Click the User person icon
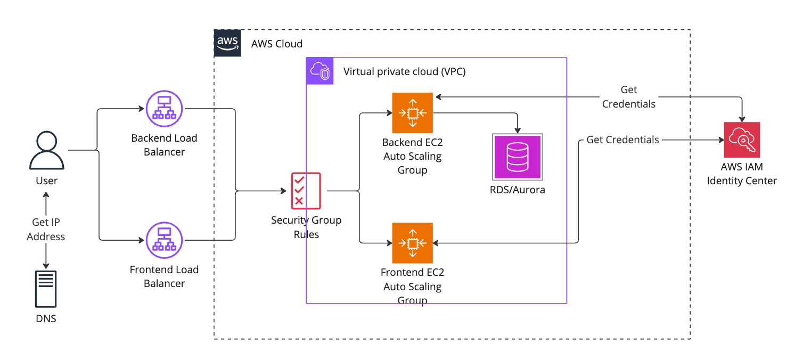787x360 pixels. tap(46, 151)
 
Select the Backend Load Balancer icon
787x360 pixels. tap(164, 109)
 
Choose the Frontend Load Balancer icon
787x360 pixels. tap(164, 240)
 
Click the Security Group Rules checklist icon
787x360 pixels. tap(306, 190)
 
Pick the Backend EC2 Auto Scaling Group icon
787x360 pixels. tap(412, 113)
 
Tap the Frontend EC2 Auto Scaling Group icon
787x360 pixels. tap(412, 243)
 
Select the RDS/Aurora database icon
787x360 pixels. tap(518, 157)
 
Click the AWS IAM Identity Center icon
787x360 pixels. tap(742, 140)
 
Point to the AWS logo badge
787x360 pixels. tap(227, 43)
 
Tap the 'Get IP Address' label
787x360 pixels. tap(46, 230)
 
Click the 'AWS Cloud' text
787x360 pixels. tap(276, 44)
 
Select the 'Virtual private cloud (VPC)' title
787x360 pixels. tap(405, 71)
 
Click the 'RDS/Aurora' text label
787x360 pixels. tap(518, 190)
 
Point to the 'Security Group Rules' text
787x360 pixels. tap(306, 227)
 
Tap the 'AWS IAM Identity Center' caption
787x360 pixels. tap(742, 174)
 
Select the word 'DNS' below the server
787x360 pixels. tap(46, 319)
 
